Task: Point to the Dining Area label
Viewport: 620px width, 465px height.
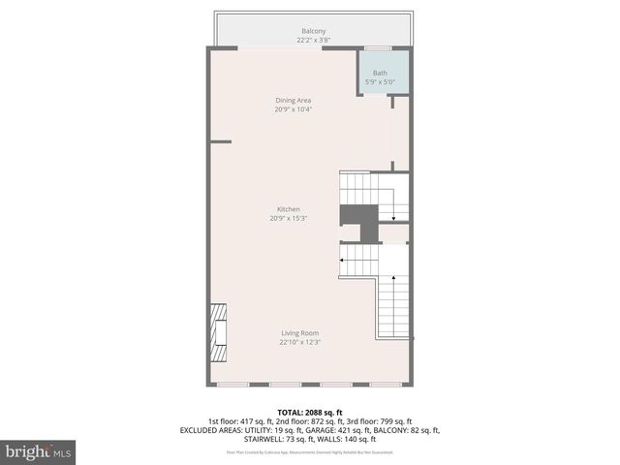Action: tap(293, 100)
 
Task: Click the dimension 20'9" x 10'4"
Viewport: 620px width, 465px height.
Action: tap(293, 108)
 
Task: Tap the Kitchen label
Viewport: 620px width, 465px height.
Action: tap(289, 209)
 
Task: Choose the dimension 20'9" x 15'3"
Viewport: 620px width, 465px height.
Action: tap(289, 218)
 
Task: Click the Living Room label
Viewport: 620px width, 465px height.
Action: tap(300, 333)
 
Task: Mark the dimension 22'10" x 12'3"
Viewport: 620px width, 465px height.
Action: tap(300, 342)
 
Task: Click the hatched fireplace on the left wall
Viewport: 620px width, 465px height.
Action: tap(219, 332)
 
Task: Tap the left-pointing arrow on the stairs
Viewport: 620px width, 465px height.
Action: tap(344, 259)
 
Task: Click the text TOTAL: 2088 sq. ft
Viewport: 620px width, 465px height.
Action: tap(310, 413)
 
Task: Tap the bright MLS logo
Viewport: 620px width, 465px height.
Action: tap(38, 451)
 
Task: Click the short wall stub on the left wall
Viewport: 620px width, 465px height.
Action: tap(221, 141)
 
